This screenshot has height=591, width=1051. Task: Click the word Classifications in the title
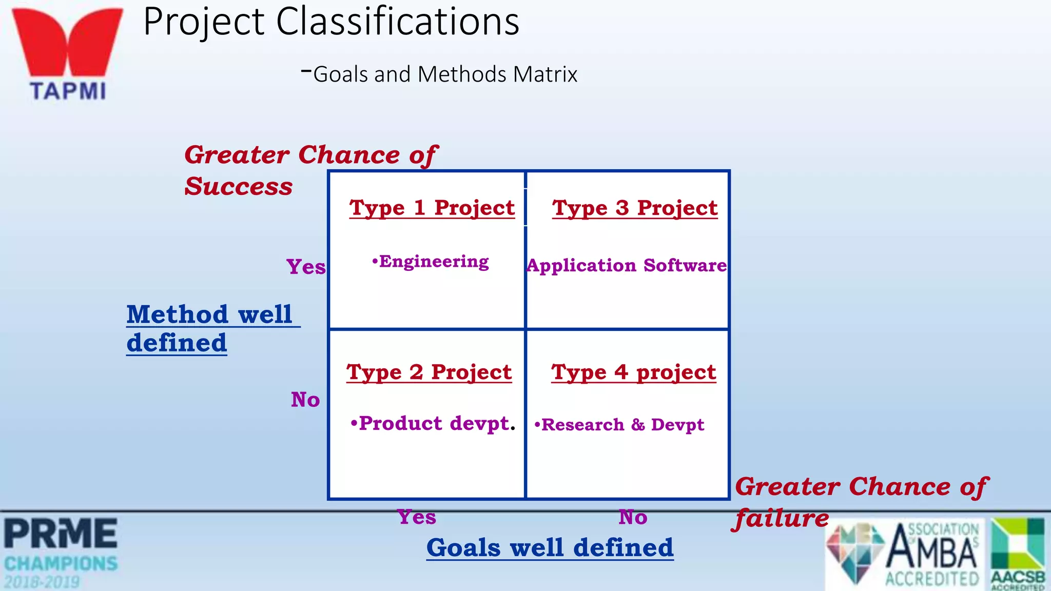(x=398, y=22)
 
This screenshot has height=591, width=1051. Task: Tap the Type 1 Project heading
(x=432, y=208)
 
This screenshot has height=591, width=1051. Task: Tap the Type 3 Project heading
(x=635, y=208)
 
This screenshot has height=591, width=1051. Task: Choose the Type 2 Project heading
(x=429, y=372)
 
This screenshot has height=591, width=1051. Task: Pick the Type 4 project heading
(x=634, y=372)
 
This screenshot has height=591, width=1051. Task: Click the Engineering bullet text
(x=431, y=262)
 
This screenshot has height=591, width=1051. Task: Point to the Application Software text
(x=627, y=265)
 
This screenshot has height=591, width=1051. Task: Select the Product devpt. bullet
(x=433, y=423)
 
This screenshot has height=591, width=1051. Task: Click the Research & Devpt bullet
(x=619, y=425)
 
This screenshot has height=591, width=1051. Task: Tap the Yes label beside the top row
(x=306, y=267)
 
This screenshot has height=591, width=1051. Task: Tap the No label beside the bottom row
(x=305, y=400)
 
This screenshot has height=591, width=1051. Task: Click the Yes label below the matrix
(x=417, y=517)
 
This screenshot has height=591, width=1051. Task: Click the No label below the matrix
(x=633, y=517)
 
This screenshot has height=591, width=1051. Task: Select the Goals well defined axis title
(x=550, y=547)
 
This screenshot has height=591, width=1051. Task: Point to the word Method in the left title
(x=178, y=314)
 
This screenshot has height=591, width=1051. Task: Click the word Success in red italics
(x=239, y=186)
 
